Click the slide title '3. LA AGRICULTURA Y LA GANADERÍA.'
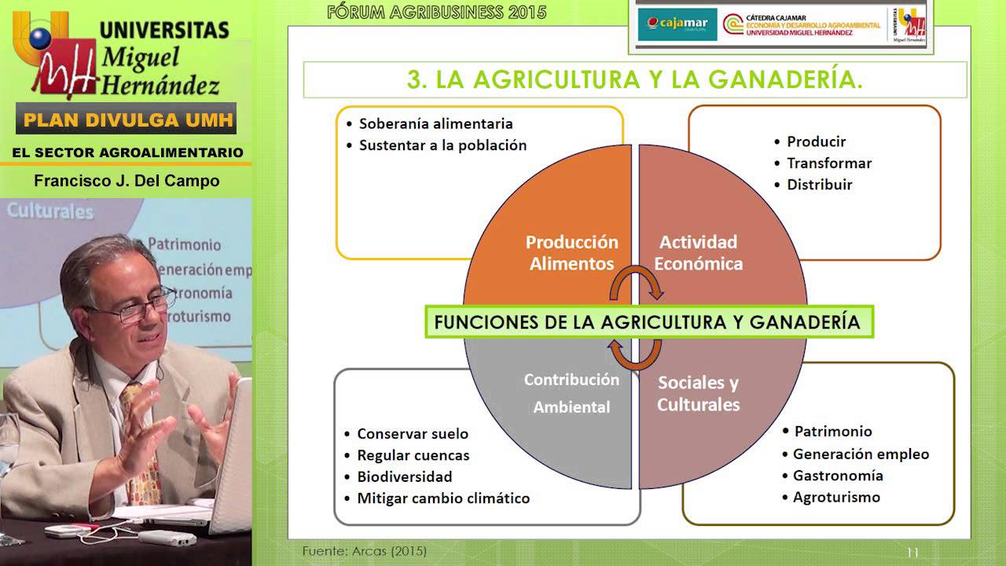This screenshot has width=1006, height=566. [x=634, y=79]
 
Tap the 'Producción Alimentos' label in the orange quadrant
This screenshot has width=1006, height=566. [x=571, y=252]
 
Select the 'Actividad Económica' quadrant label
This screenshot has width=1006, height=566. [x=698, y=252]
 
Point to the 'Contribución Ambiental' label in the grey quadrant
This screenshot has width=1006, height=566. [x=571, y=393]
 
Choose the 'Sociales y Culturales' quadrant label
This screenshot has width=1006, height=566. [x=698, y=393]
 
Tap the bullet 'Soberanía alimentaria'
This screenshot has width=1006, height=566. [x=435, y=123]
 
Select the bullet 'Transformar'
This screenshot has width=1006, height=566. [x=828, y=164]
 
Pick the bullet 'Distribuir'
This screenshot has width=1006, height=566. [x=819, y=185]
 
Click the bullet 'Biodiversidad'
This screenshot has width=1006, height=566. [x=404, y=476]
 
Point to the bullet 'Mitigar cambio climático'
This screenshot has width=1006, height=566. [x=443, y=498]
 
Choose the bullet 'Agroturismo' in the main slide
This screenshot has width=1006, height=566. [x=836, y=497]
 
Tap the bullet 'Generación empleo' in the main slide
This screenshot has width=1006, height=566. [x=861, y=454]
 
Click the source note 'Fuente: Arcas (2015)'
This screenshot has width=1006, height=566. [x=365, y=551]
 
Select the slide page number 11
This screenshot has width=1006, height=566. [x=912, y=553]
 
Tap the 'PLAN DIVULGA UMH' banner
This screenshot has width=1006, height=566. [x=126, y=120]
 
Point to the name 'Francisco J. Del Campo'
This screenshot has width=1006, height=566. [x=127, y=181]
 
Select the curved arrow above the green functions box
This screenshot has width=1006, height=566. [x=637, y=284]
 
